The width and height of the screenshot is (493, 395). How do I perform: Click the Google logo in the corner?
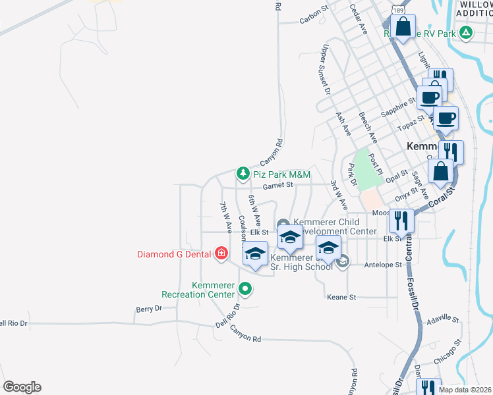pos(22,387)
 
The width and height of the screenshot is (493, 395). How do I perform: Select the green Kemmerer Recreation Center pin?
pos(245,288)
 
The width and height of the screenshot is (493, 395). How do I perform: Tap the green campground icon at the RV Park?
pos(465,32)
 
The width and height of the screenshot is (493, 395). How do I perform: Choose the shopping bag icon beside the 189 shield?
pos(403,27)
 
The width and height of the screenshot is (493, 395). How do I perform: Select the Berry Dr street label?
pos(148,308)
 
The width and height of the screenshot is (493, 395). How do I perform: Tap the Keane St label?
pos(341,298)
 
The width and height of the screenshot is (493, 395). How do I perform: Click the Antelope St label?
pos(383,265)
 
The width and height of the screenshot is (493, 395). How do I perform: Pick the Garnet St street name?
pos(277,186)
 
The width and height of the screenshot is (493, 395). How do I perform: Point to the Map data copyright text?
pos(465,390)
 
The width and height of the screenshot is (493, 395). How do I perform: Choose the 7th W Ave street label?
pos(226,218)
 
